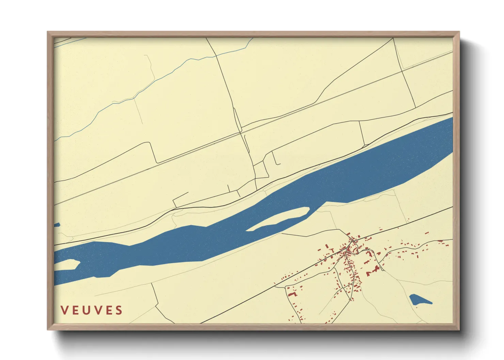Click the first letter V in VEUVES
tap(64, 310)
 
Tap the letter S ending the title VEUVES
tap(119, 310)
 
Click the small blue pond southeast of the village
tap(418, 300)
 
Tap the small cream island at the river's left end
tap(67, 264)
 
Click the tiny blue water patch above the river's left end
tap(57, 225)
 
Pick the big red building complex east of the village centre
tap(373, 271)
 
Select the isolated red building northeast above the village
tap(427, 233)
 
